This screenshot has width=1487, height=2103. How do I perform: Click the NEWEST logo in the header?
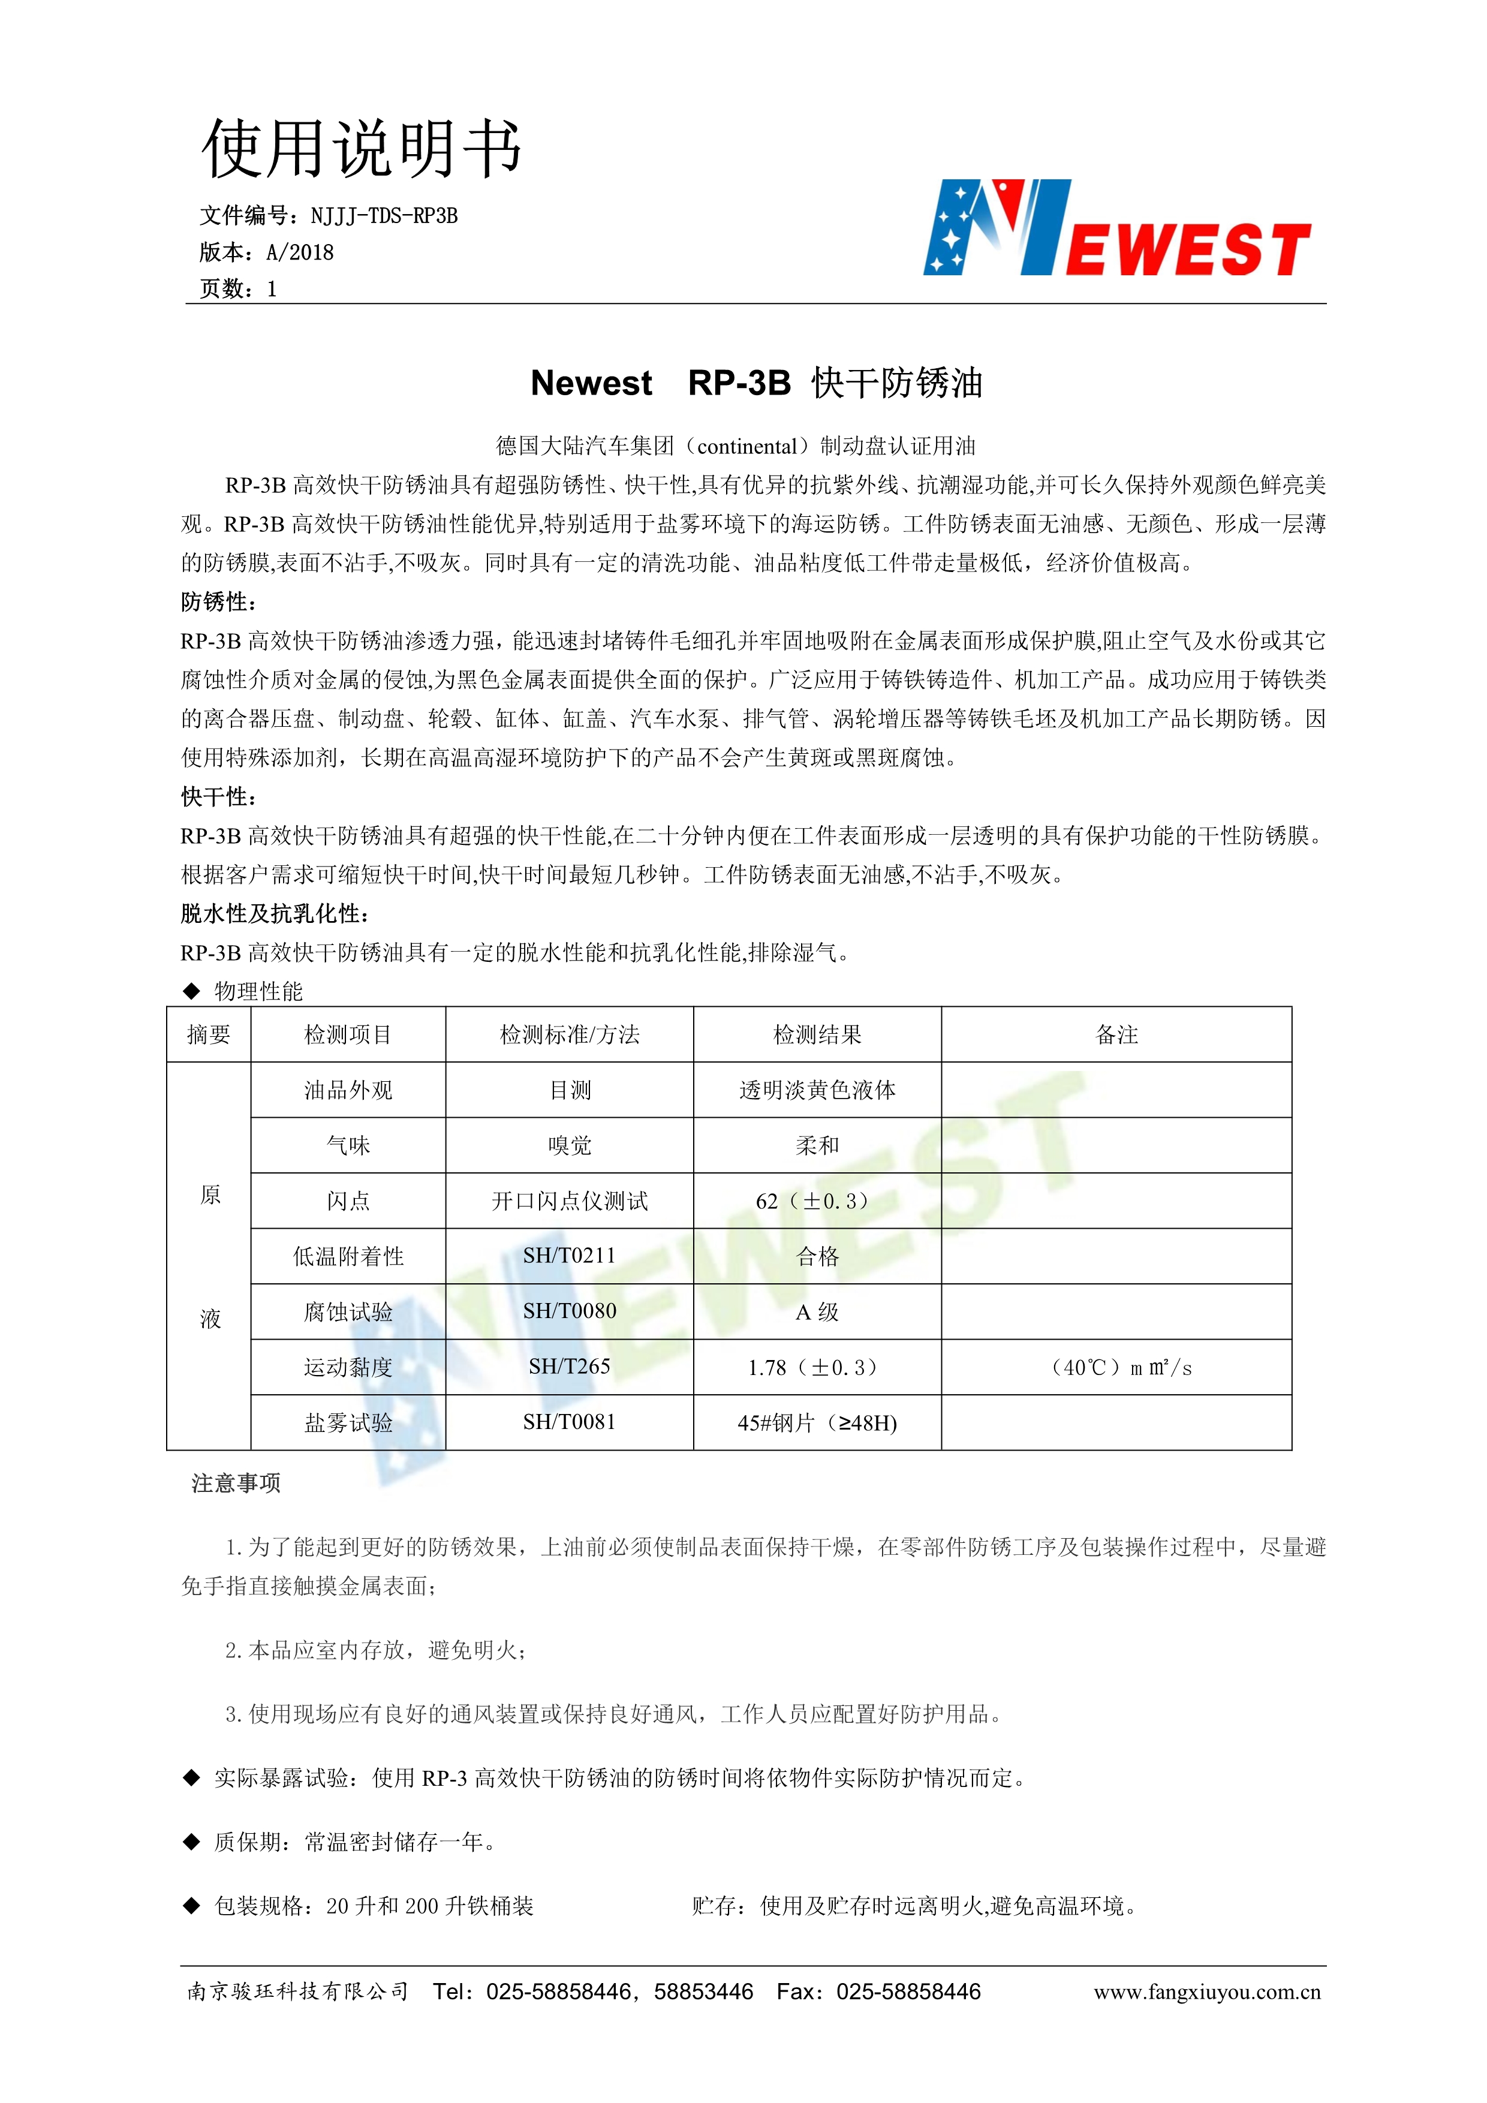coord(1117,229)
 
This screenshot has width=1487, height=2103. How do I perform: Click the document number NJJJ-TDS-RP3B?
coord(384,216)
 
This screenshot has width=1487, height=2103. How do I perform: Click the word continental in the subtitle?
coord(746,447)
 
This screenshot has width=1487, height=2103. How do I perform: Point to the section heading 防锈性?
coord(218,602)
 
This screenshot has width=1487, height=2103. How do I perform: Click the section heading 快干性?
coord(218,797)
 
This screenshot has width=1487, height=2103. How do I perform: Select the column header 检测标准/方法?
coord(570,1035)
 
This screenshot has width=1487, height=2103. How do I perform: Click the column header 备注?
coord(1116,1035)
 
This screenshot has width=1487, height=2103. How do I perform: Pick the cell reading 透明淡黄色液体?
coord(817,1090)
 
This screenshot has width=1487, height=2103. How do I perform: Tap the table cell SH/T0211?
coord(570,1256)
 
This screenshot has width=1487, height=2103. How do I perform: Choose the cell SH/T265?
coord(570,1367)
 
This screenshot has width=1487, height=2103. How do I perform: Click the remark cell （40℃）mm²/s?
coord(1121,1367)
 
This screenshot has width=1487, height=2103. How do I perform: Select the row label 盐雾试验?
coord(348,1422)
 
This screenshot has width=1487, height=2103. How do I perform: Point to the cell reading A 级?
coord(817,1311)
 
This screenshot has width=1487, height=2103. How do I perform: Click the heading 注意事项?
coord(236,1484)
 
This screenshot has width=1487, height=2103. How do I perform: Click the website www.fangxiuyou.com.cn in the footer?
coord(1207,1991)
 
